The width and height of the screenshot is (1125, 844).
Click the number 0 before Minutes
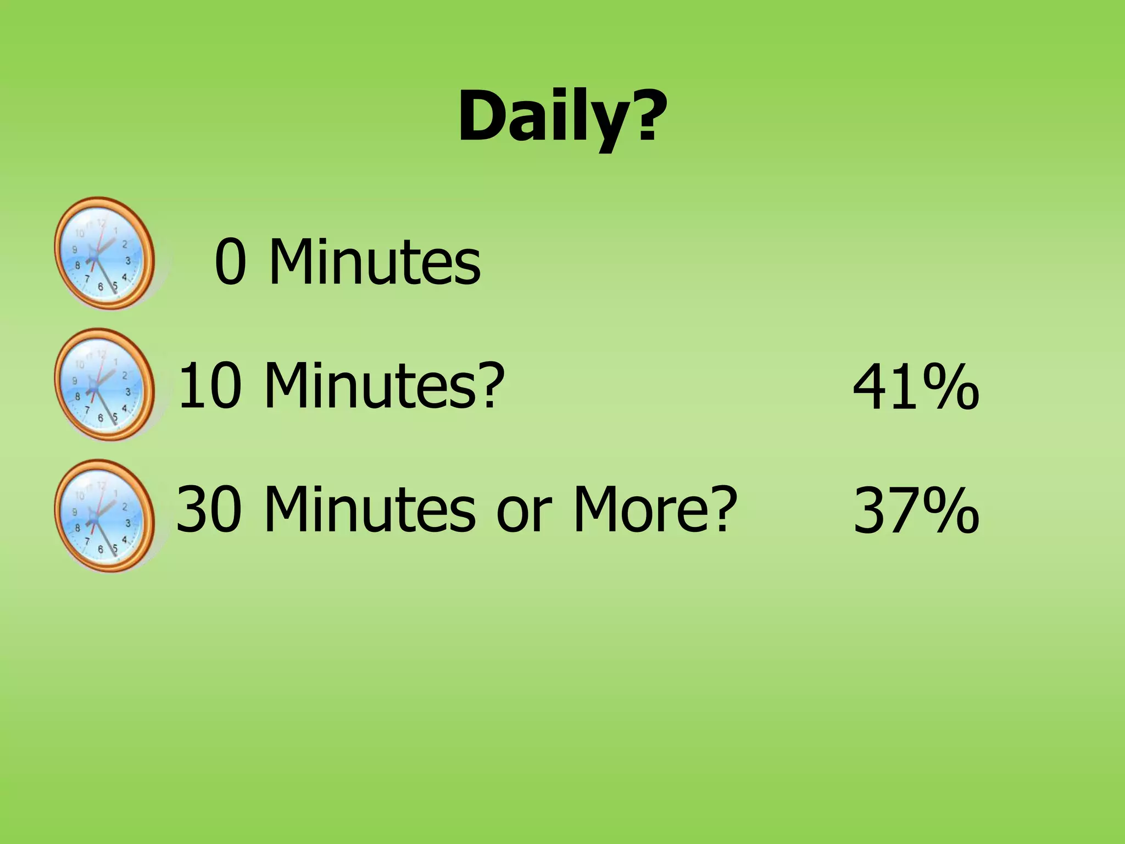coord(230,262)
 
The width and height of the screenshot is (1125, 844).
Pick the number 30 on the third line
coord(209,509)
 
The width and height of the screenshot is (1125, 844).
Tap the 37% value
coord(916,510)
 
